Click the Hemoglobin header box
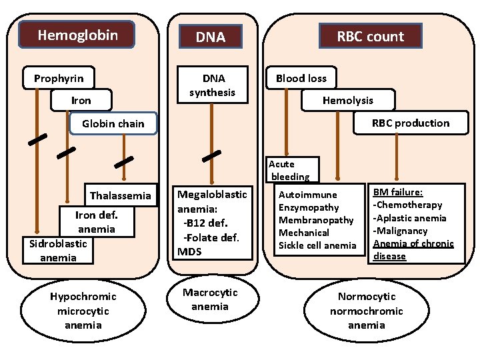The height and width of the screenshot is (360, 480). click(77, 35)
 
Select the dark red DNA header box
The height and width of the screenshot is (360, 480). click(211, 37)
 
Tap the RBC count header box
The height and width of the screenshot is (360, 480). click(370, 37)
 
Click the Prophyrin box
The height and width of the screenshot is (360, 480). click(59, 79)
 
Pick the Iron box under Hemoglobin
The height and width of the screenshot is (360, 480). click(81, 101)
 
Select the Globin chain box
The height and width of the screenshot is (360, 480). click(113, 123)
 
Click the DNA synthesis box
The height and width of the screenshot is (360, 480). click(211, 85)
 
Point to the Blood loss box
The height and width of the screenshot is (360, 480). click(301, 79)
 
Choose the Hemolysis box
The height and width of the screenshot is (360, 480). click(347, 100)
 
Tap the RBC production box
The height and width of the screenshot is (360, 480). click(410, 123)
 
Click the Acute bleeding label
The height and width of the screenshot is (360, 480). click(290, 170)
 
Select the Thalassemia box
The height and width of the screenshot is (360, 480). click(121, 196)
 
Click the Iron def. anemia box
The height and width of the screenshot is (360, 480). click(97, 222)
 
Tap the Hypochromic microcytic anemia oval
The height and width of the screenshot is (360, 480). click(83, 311)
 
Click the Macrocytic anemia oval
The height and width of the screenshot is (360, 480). click(210, 300)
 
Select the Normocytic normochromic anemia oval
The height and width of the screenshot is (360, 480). click(366, 311)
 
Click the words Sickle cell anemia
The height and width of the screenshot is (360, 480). click(317, 245)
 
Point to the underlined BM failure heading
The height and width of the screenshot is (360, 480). click(393, 192)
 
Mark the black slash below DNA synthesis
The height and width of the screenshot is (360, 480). click(211, 156)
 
